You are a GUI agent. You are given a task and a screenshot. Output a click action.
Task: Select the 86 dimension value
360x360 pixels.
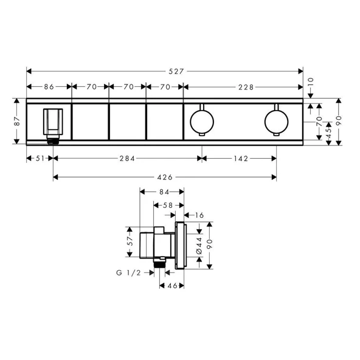[x=49, y=87]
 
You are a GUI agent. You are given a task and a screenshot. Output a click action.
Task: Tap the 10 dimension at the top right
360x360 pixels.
[x=311, y=80]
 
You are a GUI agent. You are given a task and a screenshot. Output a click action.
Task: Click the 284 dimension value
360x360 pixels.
[x=126, y=159]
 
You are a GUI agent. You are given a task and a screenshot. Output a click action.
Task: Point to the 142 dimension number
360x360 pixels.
[x=239, y=159]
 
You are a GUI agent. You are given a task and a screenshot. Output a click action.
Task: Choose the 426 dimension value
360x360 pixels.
[x=165, y=177]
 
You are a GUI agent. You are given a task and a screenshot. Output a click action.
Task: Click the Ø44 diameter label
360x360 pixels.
[x=199, y=245]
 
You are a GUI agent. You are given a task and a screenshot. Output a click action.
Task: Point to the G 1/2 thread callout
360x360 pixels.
[x=128, y=273]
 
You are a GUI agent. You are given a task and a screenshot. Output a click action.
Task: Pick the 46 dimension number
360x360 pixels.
[x=172, y=285]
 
